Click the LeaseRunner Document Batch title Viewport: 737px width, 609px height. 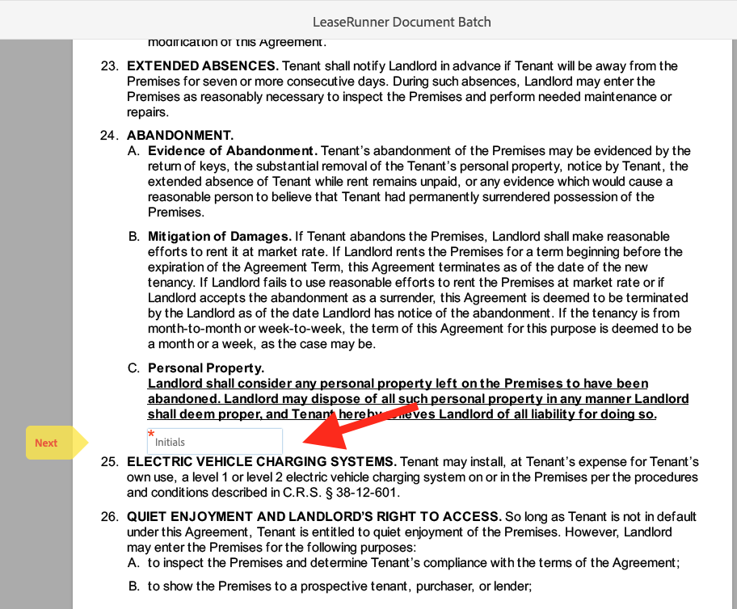pyautogui.click(x=402, y=22)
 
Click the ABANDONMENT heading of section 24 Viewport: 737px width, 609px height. pyautogui.click(x=179, y=136)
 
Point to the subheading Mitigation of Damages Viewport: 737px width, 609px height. pyautogui.click(x=219, y=237)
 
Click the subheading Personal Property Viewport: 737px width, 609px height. pyautogui.click(x=205, y=368)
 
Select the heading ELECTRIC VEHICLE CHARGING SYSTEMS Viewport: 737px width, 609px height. pyautogui.click(x=261, y=462)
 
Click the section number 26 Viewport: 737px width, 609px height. pyautogui.click(x=109, y=517)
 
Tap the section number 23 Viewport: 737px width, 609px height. pyautogui.click(x=109, y=66)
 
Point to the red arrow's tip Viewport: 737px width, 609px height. pyautogui.click(x=305, y=442)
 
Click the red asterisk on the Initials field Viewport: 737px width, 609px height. pyautogui.click(x=151, y=434)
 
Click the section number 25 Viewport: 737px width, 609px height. pyautogui.click(x=109, y=462)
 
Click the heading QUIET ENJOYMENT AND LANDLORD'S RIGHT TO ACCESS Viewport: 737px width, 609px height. pyautogui.click(x=314, y=517)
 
